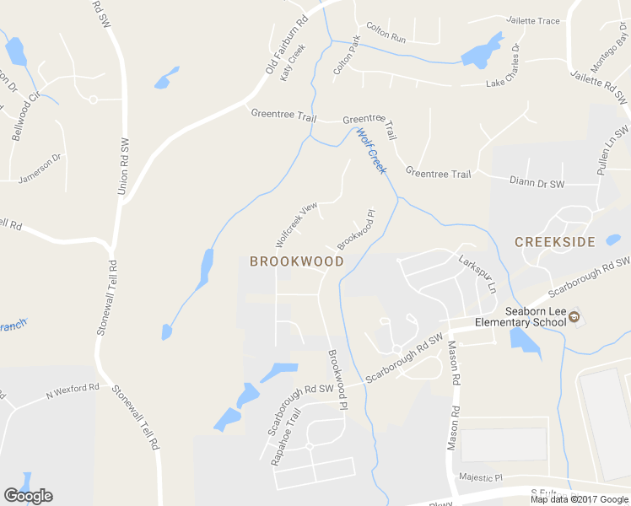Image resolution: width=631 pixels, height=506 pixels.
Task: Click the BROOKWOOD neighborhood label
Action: tap(297, 261)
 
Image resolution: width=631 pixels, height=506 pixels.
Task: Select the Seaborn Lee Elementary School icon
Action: tap(574, 317)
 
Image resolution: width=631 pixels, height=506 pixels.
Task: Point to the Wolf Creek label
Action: tap(370, 151)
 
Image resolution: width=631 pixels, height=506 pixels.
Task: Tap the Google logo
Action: tap(28, 496)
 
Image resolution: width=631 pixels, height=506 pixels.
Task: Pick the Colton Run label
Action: tap(386, 39)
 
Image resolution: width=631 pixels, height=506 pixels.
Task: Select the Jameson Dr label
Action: tap(40, 169)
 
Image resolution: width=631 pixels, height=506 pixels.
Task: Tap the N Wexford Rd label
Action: tap(73, 391)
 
